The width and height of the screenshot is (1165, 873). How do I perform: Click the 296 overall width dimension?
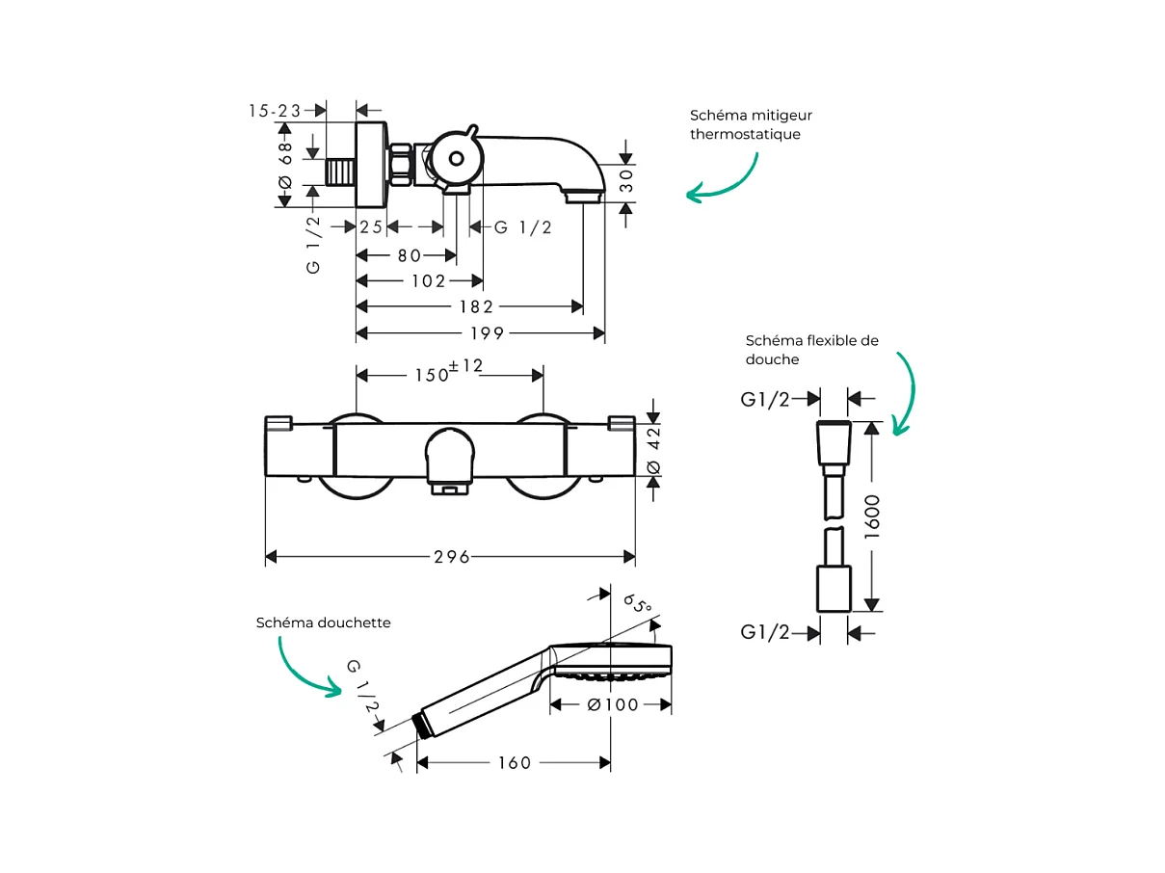(x=451, y=557)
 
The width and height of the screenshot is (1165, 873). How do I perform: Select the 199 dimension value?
(x=488, y=333)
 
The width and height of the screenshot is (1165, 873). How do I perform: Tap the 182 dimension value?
(x=476, y=306)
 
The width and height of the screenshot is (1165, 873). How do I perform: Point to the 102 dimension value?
(x=428, y=281)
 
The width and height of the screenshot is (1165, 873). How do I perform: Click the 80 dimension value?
(x=410, y=255)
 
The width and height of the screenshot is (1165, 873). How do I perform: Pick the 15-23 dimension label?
(x=275, y=111)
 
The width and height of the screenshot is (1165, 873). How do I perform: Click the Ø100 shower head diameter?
(x=611, y=704)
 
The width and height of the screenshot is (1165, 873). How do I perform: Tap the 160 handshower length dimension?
(x=514, y=763)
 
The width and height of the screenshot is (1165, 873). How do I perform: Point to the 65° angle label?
(x=637, y=603)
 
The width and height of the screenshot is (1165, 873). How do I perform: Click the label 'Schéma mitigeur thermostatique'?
(x=750, y=124)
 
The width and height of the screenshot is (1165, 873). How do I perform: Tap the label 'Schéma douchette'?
(x=323, y=622)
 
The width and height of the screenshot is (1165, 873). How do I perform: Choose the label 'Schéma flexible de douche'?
(x=811, y=349)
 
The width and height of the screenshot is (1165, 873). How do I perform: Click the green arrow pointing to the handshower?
(x=305, y=666)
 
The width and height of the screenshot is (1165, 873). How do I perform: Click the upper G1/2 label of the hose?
(x=765, y=399)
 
